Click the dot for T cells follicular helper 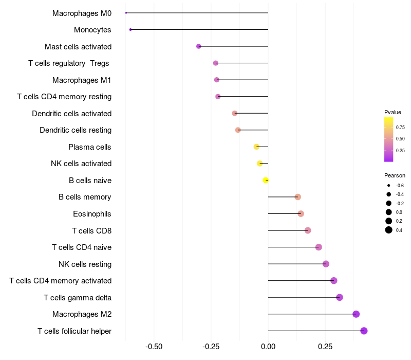364,331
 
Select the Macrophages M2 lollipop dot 356,314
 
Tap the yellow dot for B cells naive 266,180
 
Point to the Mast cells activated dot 199,46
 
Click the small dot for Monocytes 130,29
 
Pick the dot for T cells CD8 308,230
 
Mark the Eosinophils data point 301,213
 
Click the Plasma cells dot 256,147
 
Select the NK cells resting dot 326,264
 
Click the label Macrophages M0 82,13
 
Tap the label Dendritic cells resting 76,130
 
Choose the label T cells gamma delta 78,297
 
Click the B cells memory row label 85,197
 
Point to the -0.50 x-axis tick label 154,347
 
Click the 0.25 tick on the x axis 325,347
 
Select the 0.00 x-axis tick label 268,347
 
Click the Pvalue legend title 393,112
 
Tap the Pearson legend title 395,175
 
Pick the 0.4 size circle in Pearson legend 389,230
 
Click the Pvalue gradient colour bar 389,139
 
